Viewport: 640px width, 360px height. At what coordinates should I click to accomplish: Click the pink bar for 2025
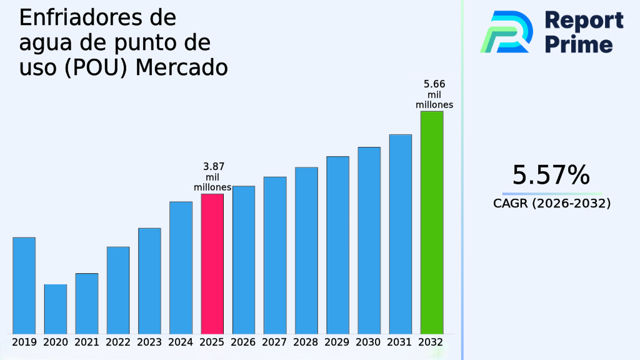point(212,263)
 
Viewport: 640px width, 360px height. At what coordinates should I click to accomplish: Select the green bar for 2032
point(431,222)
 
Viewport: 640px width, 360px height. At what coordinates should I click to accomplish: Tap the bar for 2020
point(55,309)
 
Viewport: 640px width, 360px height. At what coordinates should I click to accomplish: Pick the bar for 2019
point(24,285)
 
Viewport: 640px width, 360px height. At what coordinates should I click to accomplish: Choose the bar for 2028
point(306,250)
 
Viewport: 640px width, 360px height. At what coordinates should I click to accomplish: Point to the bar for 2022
point(118,290)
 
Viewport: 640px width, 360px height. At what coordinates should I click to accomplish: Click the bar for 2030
point(369,240)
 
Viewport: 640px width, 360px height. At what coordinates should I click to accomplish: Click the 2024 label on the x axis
point(181,342)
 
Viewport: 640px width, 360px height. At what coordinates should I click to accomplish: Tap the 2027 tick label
point(275,342)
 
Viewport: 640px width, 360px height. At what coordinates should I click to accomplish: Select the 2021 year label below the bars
point(87,342)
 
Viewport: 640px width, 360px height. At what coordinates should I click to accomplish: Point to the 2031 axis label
point(400,342)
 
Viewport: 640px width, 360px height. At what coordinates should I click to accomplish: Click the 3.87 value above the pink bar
point(214,167)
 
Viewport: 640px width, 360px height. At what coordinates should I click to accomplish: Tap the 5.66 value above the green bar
point(434,84)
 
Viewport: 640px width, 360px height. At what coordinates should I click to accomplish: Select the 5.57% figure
point(551,175)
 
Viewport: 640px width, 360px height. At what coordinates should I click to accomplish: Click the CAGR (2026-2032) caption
point(551,203)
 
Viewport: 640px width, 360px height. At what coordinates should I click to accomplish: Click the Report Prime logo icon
point(506,32)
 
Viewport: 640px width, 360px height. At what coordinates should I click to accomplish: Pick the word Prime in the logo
point(579,44)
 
